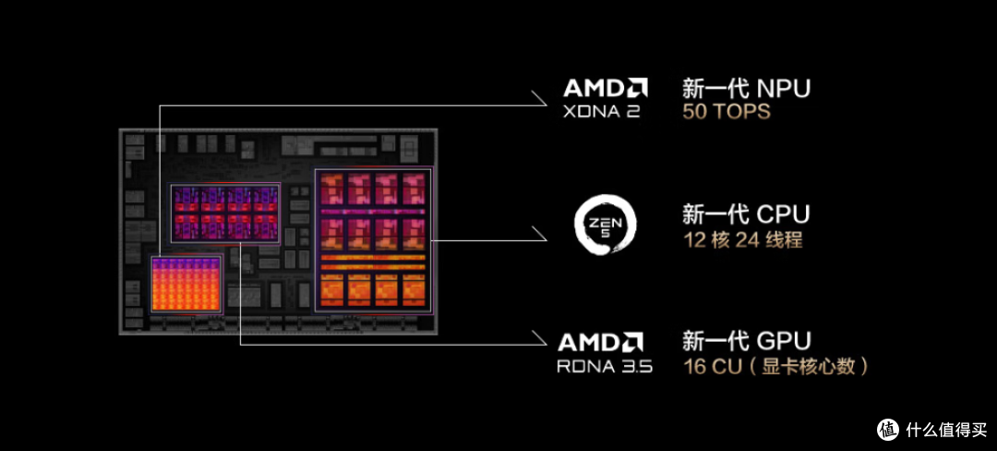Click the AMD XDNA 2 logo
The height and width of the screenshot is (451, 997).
pos(606,98)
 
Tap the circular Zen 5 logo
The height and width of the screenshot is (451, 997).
pos(605,224)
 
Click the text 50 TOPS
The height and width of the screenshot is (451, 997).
pos(727,112)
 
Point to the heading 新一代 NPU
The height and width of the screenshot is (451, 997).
pos(747,88)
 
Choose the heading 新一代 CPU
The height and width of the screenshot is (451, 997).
pos(746,214)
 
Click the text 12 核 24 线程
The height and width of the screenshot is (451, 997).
pos(742,240)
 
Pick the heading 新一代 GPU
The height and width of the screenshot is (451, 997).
pos(747,341)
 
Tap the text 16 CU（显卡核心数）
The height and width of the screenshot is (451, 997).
pos(775,367)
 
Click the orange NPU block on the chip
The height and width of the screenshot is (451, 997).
pos(186,284)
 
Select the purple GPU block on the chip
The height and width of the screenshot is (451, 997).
pos(225,213)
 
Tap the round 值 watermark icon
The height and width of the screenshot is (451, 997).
pos(889,430)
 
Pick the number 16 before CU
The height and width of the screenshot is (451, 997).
pos(694,367)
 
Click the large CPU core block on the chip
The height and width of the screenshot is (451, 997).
pos(373,239)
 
